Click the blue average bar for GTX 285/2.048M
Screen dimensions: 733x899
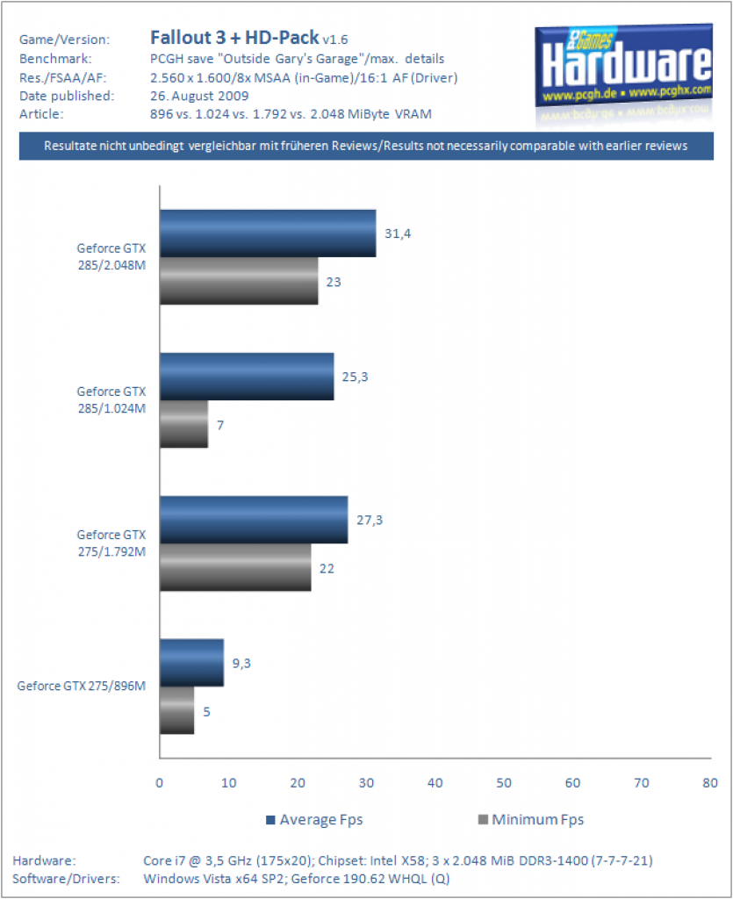pos(269,234)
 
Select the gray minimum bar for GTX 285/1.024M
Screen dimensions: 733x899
pos(184,424)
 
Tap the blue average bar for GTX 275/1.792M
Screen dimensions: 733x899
pos(254,520)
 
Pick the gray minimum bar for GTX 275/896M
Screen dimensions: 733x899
pos(177,710)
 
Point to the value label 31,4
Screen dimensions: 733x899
pos(398,234)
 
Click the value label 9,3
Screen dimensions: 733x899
pos(241,664)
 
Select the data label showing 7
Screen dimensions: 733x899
pos(220,425)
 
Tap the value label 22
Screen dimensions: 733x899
pos(327,568)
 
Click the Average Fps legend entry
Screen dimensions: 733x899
pos(314,819)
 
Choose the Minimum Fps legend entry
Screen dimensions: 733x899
pos(531,819)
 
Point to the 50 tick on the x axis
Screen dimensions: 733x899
pos(504,782)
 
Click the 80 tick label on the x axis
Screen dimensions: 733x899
pos(710,782)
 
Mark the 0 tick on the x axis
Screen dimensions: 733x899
pos(159,782)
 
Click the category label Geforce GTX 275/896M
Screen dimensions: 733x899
pos(82,686)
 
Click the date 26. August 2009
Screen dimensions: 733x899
pos(199,96)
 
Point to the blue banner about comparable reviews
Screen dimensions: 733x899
pos(366,146)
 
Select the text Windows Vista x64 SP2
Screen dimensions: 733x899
pos(214,878)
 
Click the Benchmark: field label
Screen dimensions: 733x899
pos(55,59)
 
